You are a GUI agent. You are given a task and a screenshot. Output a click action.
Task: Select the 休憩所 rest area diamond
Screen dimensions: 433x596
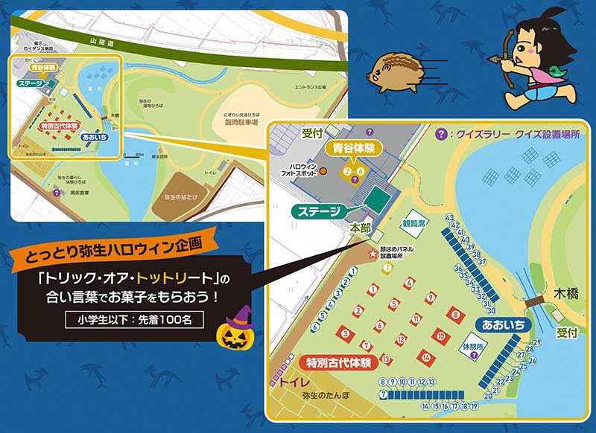click(x=474, y=347)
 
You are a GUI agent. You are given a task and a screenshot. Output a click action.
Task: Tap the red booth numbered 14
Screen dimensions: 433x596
click(x=425, y=356)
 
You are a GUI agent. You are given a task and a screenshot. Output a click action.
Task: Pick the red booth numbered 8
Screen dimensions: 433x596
click(x=453, y=315)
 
